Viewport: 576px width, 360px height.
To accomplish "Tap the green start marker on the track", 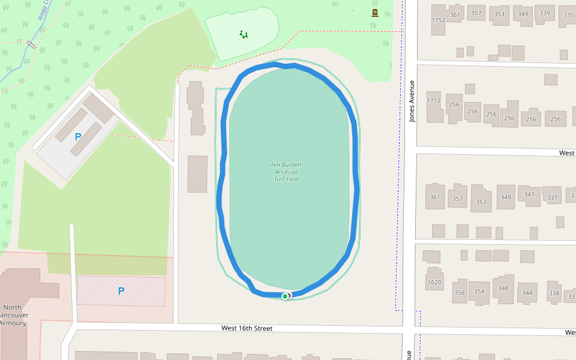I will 285,296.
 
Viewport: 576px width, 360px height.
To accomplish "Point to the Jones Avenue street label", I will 412,101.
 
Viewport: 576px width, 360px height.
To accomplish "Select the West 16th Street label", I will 247,328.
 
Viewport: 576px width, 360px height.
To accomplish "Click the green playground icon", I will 243,34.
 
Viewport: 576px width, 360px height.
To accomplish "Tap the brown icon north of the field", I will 375,13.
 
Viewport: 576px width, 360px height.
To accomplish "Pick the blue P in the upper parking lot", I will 77,137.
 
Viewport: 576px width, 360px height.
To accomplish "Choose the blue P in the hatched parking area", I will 121,291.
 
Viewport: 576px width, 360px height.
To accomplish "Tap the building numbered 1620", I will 434,282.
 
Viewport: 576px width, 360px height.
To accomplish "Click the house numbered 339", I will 545,14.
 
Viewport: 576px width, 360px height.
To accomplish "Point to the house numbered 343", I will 529,195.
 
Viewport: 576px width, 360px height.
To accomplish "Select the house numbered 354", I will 479,292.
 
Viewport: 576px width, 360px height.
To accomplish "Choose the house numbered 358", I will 460,292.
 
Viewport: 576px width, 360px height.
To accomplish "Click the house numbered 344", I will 527,293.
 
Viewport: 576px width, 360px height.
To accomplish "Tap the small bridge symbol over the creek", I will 31,44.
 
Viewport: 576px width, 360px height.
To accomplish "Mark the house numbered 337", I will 552,197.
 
